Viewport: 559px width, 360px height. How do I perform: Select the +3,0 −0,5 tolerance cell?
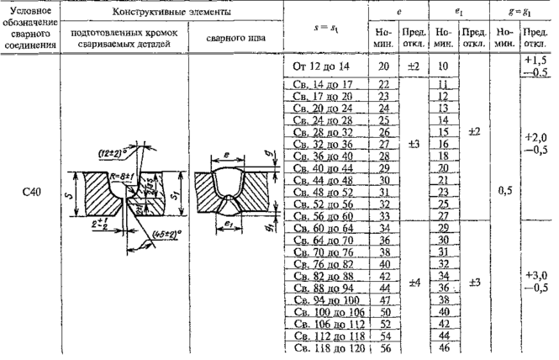click(x=535, y=281)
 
